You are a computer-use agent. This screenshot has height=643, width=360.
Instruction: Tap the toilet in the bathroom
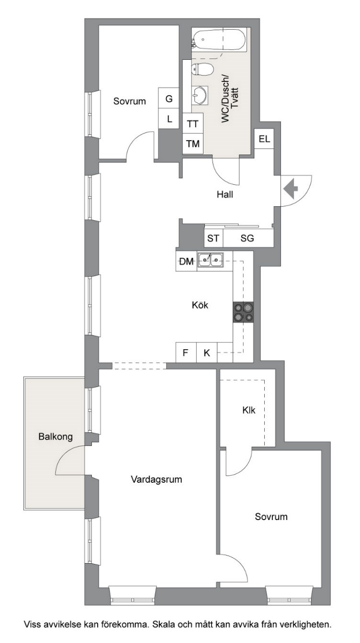[202, 69]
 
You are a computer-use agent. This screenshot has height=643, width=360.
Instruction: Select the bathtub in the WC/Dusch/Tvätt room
[220, 41]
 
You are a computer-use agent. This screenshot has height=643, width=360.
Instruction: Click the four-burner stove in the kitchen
[243, 312]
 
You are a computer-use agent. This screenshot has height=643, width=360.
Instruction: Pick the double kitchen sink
[211, 260]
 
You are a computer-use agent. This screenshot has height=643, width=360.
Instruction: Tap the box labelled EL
[264, 139]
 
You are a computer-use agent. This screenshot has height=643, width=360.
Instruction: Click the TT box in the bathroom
[193, 123]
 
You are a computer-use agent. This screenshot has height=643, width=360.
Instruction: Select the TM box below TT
[193, 144]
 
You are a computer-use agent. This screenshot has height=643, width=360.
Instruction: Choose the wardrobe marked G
[169, 98]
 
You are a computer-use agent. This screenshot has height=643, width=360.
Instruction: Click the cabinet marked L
[169, 119]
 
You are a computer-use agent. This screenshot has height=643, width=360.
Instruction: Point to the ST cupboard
[214, 238]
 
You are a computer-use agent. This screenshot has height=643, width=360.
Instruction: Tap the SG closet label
[247, 238]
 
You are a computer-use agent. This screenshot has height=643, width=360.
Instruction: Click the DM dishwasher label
[187, 262]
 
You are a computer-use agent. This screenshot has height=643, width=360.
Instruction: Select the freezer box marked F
[186, 352]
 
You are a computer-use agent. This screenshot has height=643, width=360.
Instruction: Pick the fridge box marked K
[207, 352]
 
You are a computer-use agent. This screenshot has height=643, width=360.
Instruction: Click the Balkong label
[56, 437]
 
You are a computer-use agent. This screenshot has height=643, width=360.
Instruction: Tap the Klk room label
[249, 410]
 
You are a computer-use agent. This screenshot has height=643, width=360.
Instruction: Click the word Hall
[225, 195]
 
